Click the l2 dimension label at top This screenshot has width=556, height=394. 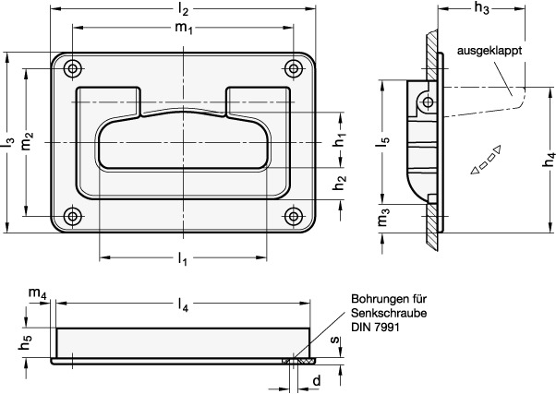183,10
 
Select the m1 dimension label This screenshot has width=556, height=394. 184,28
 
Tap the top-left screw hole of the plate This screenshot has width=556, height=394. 73,68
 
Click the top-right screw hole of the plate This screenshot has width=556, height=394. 294,68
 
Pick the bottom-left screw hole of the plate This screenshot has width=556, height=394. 73,216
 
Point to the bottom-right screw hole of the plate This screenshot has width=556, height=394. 294,216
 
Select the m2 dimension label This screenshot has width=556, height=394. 27,141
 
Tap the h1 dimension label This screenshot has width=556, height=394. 340,139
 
